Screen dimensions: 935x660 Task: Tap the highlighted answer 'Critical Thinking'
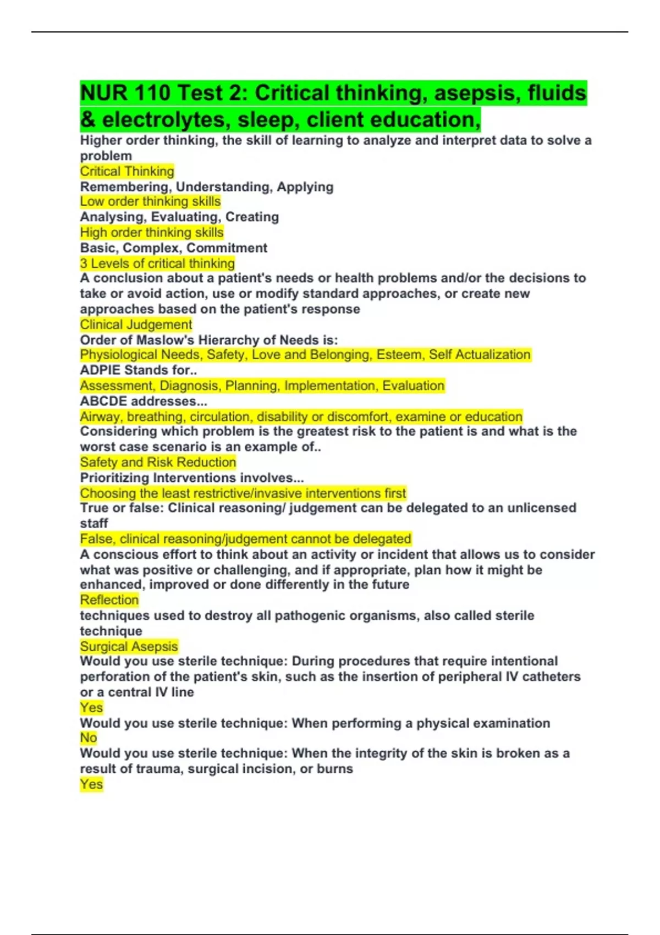coord(127,172)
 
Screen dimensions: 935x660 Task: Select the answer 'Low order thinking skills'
coord(150,202)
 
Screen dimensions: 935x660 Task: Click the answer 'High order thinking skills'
coord(152,233)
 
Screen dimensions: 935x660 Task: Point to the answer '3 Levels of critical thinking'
coord(157,263)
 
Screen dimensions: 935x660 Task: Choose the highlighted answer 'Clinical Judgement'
coord(136,324)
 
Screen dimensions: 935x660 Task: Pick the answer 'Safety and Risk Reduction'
coord(158,462)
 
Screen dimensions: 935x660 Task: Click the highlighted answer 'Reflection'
coord(109,600)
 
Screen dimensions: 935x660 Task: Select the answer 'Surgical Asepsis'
coord(129,646)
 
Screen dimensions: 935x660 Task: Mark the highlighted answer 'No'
coord(88,738)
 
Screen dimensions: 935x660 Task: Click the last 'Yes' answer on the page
coord(91,784)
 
